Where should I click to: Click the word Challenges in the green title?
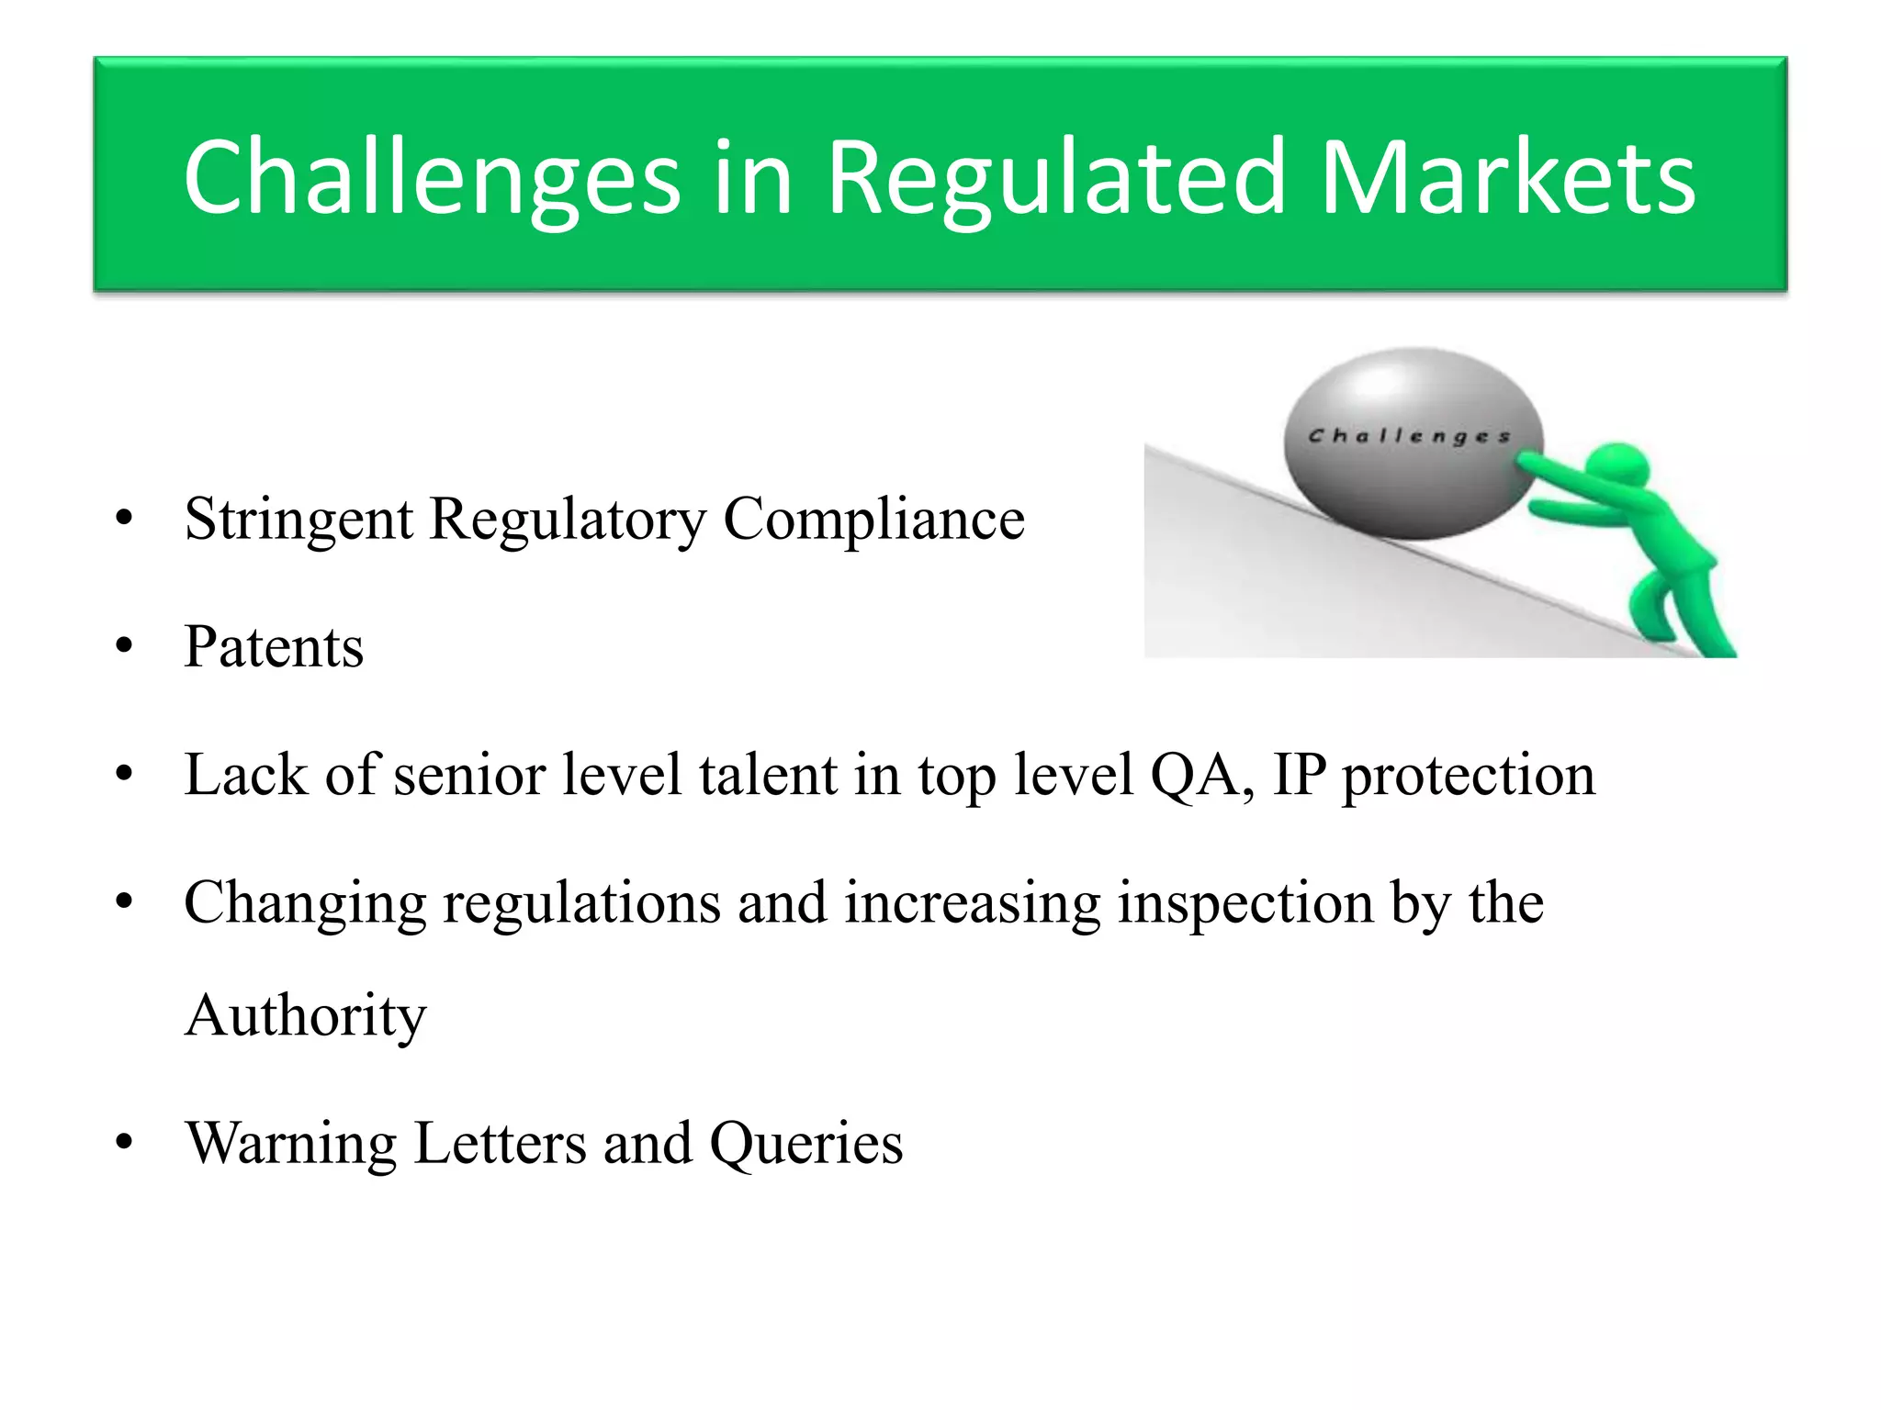tap(432, 179)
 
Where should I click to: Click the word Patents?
tap(274, 648)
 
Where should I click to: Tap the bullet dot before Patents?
tap(125, 647)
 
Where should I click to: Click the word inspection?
tap(1245, 904)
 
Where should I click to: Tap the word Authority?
tap(305, 1017)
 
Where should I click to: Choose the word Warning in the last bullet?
tap(290, 1145)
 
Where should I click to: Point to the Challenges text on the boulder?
tap(1409, 436)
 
